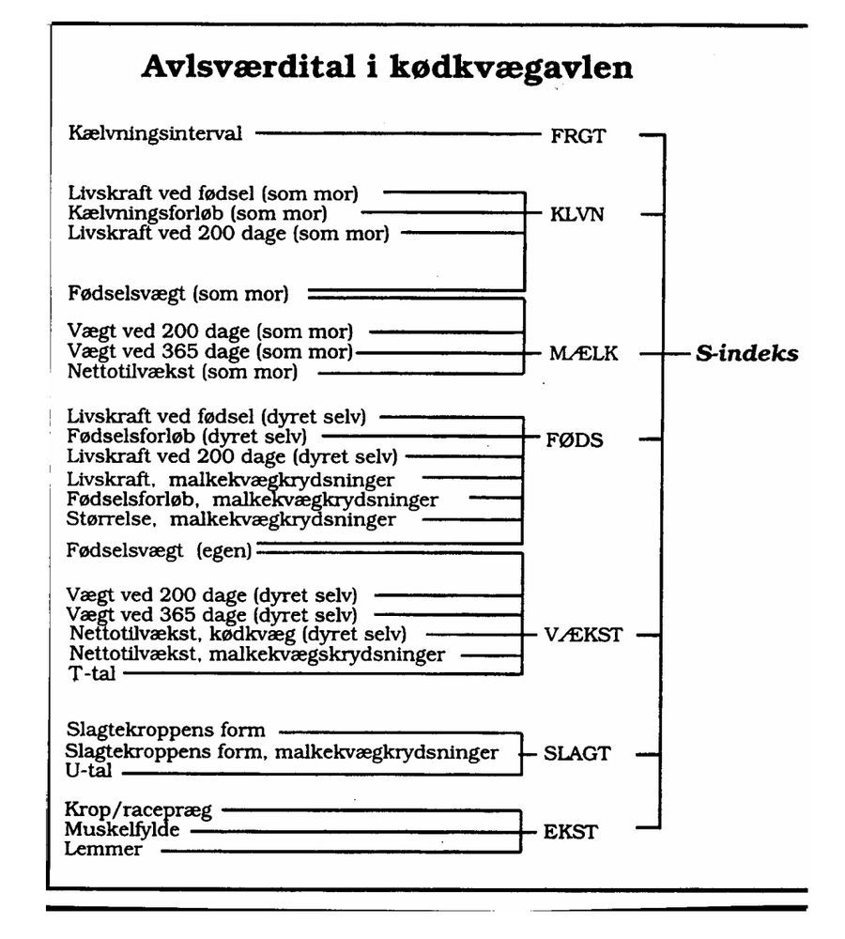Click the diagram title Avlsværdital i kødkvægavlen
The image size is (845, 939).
(x=386, y=68)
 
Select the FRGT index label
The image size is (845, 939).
(x=577, y=135)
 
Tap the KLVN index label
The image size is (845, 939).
(x=577, y=215)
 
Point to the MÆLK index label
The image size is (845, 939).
(x=584, y=354)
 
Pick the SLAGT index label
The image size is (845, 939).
(x=577, y=753)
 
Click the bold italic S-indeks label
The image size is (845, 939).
(x=746, y=354)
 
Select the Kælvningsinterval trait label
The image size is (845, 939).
(x=155, y=133)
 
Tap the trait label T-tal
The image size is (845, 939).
(x=92, y=673)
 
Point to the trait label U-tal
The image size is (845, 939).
(x=92, y=773)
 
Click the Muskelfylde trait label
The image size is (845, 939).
(x=122, y=830)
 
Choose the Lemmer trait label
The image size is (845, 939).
(x=103, y=850)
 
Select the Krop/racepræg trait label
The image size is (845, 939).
(x=139, y=810)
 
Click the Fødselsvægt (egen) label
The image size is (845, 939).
(x=160, y=552)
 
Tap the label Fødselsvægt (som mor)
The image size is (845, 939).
(x=178, y=294)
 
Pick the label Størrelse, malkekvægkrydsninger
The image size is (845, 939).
(x=231, y=518)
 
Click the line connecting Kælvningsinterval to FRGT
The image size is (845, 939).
(x=394, y=134)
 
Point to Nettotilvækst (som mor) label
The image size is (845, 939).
(x=182, y=372)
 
